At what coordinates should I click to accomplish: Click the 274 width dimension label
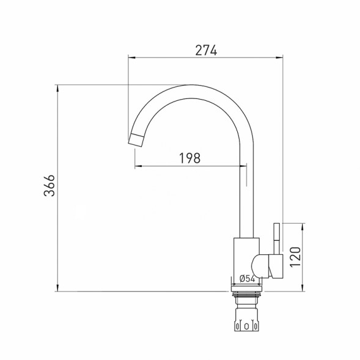(x=206, y=50)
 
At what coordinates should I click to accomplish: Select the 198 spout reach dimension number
(x=189, y=158)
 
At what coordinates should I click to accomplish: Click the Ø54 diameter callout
(x=247, y=279)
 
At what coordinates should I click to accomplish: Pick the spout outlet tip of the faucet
(x=136, y=139)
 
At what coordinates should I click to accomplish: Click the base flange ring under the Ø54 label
(x=248, y=287)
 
